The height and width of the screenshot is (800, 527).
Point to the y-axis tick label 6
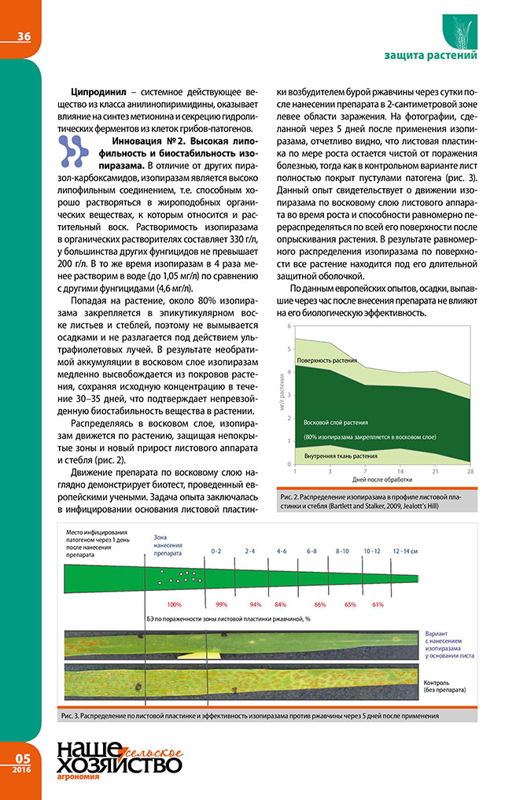point(289,326)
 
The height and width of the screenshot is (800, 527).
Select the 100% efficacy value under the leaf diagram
point(175,604)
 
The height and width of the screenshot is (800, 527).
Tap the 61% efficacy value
point(378,604)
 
